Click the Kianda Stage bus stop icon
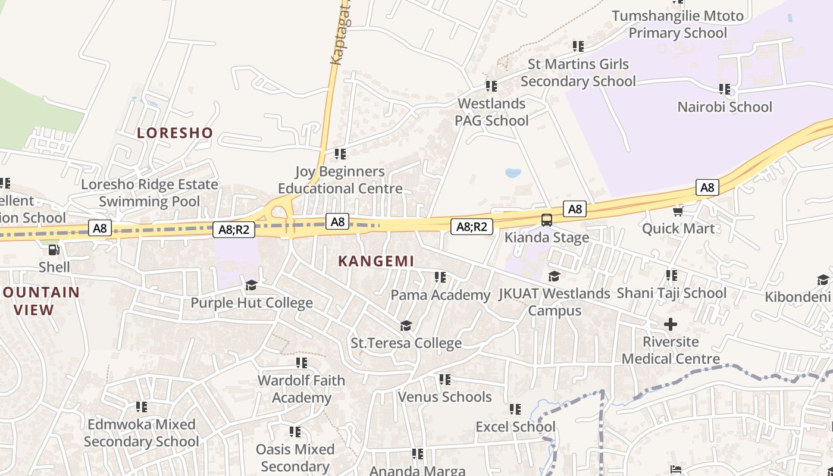pos(546,220)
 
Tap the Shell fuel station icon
pos(54,250)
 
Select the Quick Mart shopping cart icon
pos(677,211)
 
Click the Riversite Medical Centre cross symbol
pos(671,324)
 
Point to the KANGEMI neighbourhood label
pos(376,261)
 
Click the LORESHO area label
pos(175,133)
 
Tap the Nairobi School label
pos(725,107)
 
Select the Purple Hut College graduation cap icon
pos(251,285)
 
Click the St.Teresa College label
pos(406,343)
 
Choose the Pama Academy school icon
pos(440,277)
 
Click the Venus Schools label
pos(444,397)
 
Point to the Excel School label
pos(515,427)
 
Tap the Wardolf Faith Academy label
pos(302,389)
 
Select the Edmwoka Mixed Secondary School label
pos(142,433)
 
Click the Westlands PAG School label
pos(491,112)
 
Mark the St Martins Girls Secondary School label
pos(578,73)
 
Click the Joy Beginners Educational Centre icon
pos(340,154)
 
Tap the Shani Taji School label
pos(671,293)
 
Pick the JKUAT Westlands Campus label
pos(555,302)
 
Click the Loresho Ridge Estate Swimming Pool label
pos(149,193)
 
